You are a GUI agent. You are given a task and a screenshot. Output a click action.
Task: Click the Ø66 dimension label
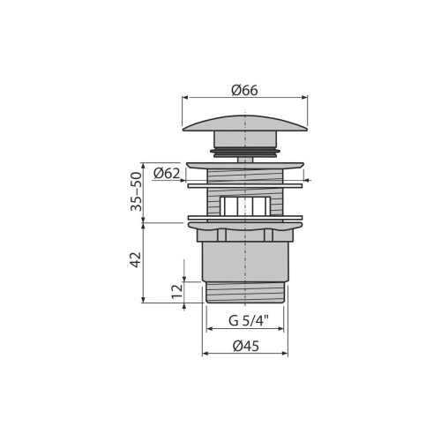coord(244,90)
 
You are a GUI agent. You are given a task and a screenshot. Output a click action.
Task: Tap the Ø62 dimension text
coord(166,174)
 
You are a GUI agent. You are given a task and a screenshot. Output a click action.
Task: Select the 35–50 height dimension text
coord(136,191)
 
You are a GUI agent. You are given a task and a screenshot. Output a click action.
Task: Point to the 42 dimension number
coord(136,259)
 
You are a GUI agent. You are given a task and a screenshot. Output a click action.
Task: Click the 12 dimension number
coord(177,291)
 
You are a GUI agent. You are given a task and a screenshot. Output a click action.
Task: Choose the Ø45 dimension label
coord(246,346)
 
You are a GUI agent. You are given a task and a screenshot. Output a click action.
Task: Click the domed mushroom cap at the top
coord(245,123)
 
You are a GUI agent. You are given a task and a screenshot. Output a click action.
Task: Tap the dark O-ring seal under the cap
coord(245,152)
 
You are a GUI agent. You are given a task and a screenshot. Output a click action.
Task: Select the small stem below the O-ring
coord(245,160)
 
